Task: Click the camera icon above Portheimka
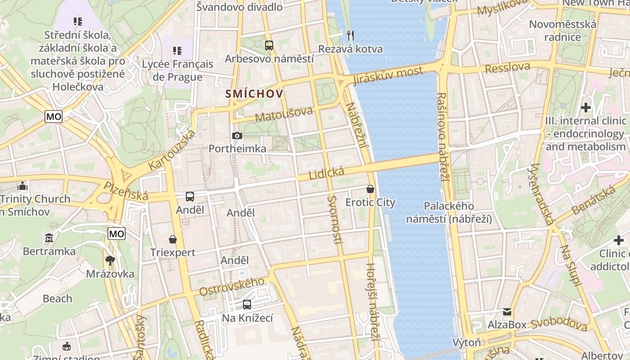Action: [237, 135]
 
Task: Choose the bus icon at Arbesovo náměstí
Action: [269, 45]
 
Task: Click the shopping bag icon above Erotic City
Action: [370, 189]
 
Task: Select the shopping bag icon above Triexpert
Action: [173, 239]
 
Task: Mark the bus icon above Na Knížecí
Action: [247, 305]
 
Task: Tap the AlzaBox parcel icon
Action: [507, 312]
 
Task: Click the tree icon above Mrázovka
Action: [110, 260]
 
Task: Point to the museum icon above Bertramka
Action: [49, 238]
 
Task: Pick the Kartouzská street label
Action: [172, 150]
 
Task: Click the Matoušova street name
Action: [283, 114]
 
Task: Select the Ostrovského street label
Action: [232, 287]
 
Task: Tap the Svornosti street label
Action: [335, 220]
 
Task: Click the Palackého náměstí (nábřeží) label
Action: [449, 212]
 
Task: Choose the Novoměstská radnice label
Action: [562, 31]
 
